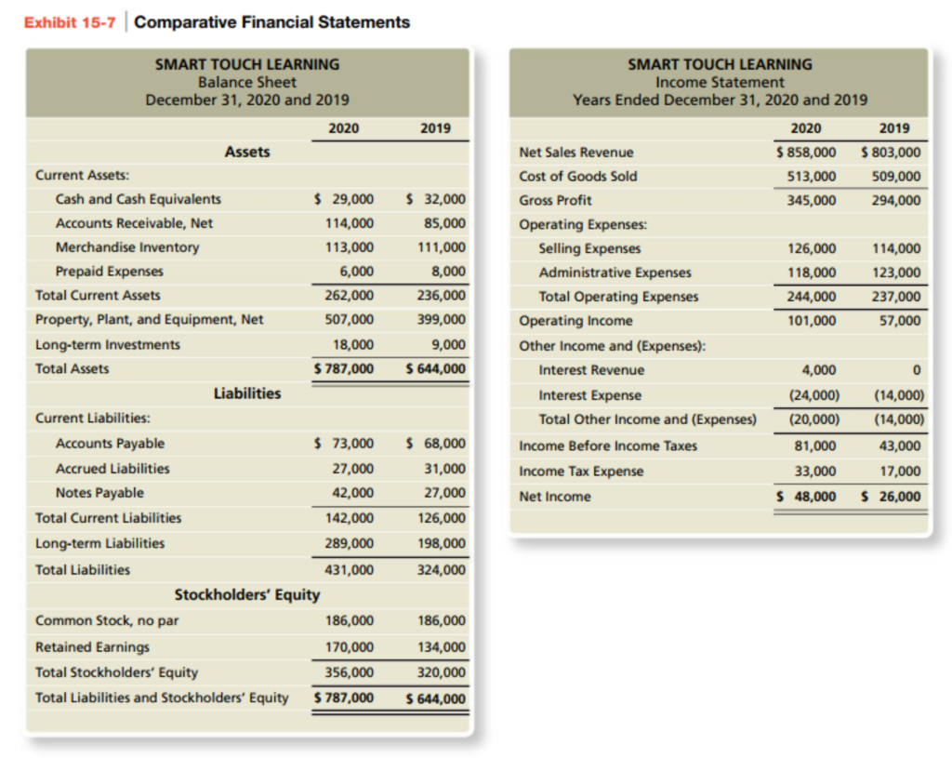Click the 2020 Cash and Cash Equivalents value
345,199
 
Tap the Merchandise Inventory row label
127,247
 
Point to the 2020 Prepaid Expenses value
356,272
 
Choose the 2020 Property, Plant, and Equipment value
350,320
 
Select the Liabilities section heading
247,393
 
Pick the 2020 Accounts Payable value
345,444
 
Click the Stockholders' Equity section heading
247,594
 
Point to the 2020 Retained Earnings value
350,646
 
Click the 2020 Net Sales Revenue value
805,153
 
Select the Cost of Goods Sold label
578,177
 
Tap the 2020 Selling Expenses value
812,248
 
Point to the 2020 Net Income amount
806,497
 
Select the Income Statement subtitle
720,82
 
